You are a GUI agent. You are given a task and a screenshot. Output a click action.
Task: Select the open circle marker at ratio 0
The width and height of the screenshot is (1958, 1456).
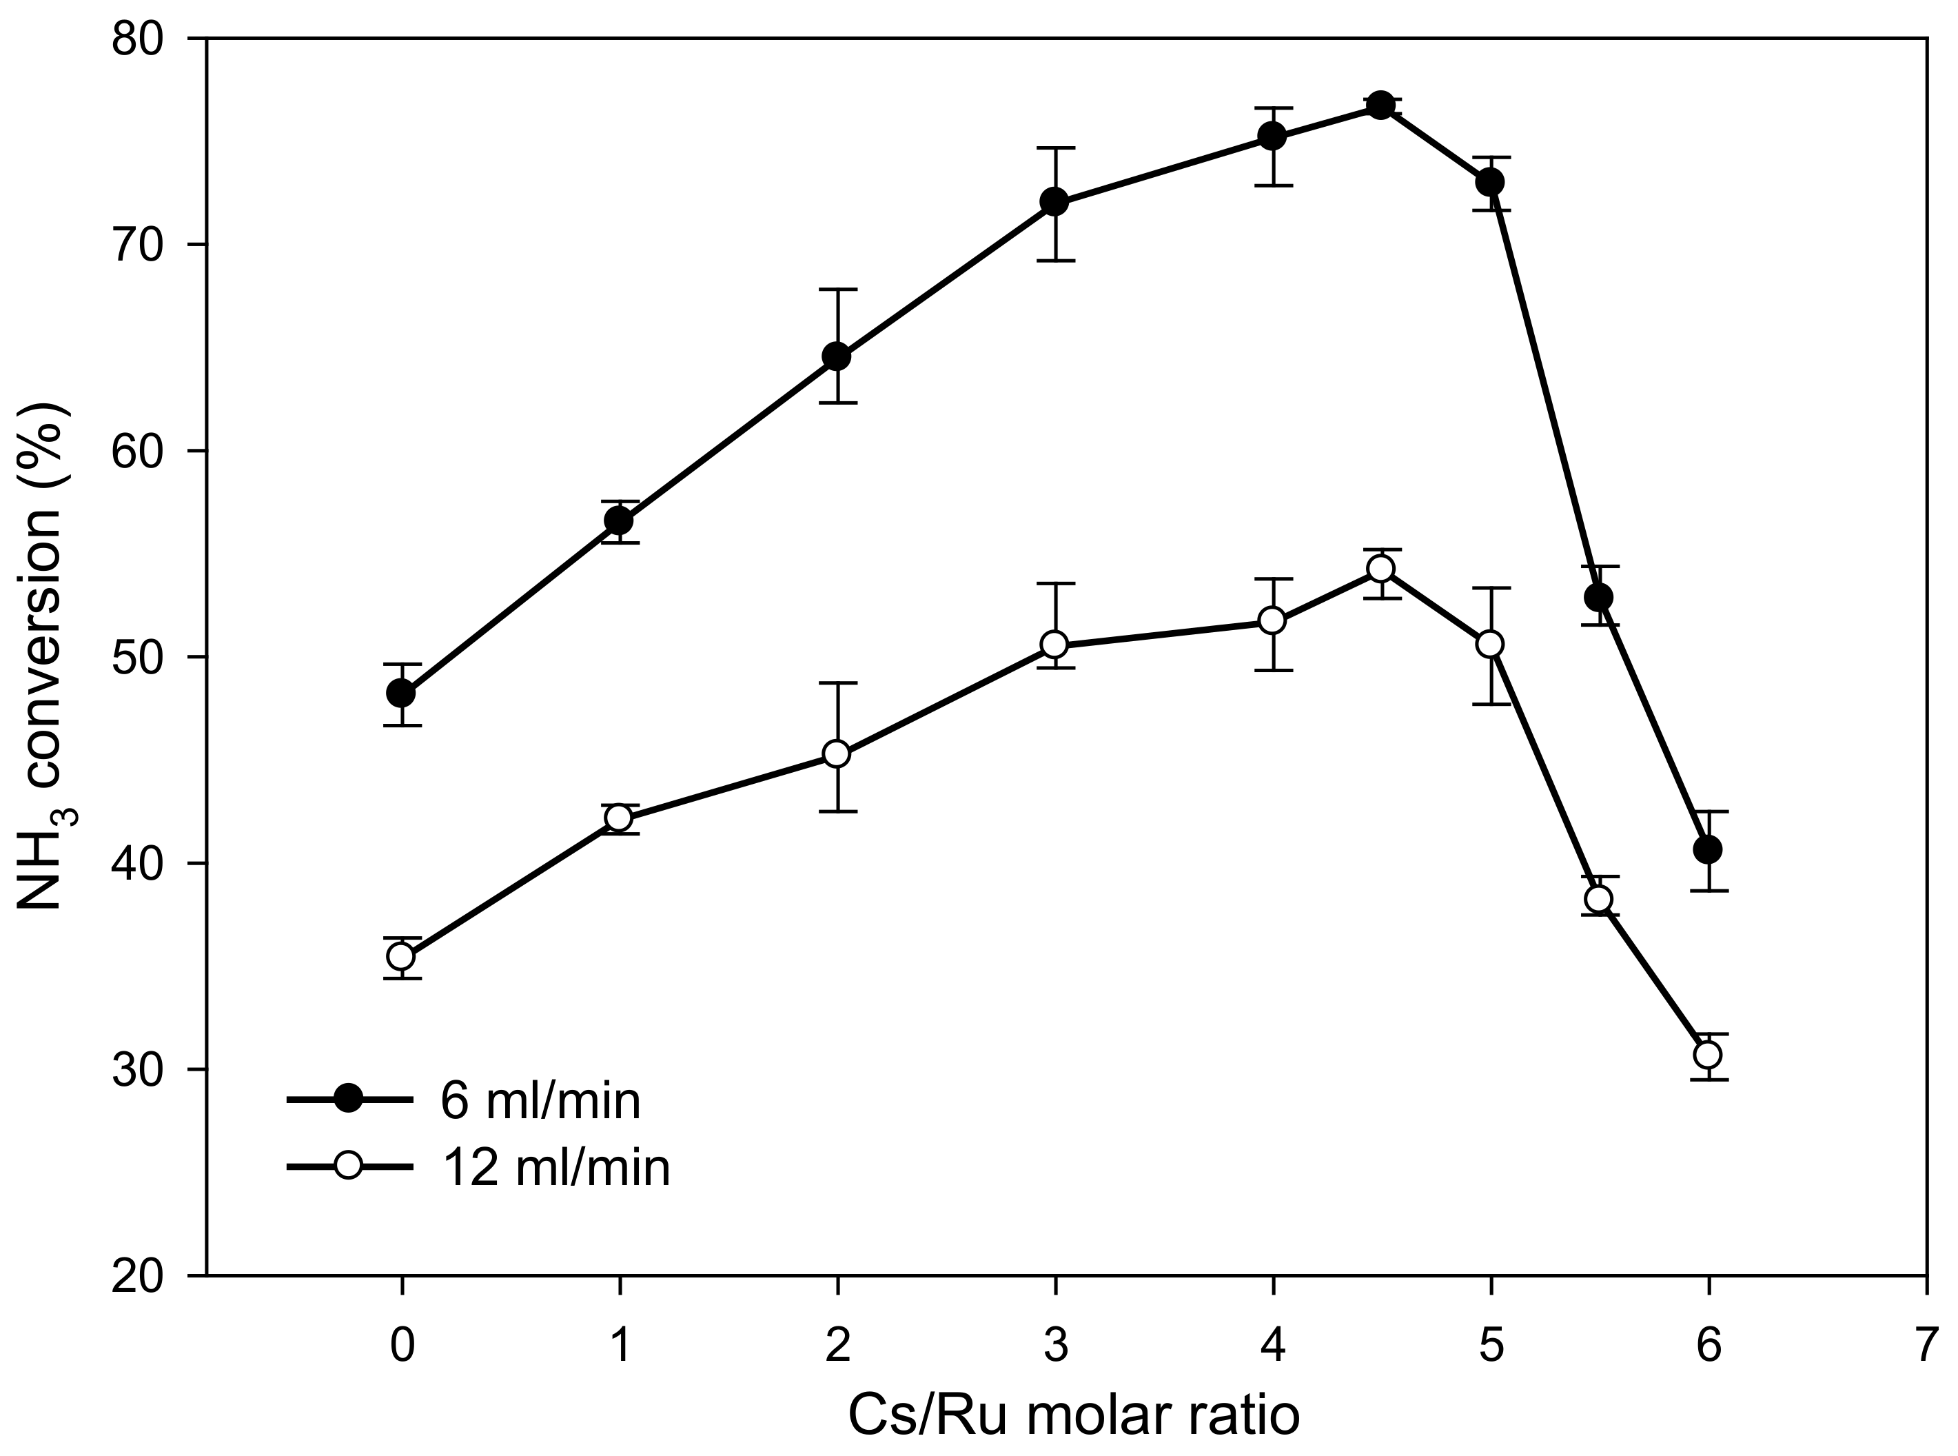(402, 956)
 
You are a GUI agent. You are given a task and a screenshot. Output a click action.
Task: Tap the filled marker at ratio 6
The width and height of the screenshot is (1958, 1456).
(1708, 849)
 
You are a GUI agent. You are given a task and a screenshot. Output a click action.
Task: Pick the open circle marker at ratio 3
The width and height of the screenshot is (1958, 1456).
(1054, 645)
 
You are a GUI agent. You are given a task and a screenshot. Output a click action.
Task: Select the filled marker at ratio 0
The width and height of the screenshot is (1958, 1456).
(402, 694)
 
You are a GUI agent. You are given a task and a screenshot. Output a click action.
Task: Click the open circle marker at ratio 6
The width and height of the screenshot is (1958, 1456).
(1708, 1054)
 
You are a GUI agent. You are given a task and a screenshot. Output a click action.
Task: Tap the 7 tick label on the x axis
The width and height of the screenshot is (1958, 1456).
(1926, 1346)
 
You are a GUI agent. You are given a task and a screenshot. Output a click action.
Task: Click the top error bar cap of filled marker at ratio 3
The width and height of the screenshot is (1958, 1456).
(1054, 148)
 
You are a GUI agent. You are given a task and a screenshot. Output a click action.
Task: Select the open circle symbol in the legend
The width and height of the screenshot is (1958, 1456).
(349, 1166)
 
